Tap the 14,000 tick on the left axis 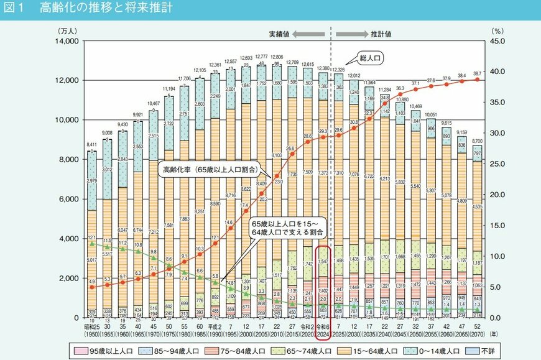[65, 41]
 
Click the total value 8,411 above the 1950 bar [91, 146]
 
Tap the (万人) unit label [67, 30]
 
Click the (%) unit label [496, 30]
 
